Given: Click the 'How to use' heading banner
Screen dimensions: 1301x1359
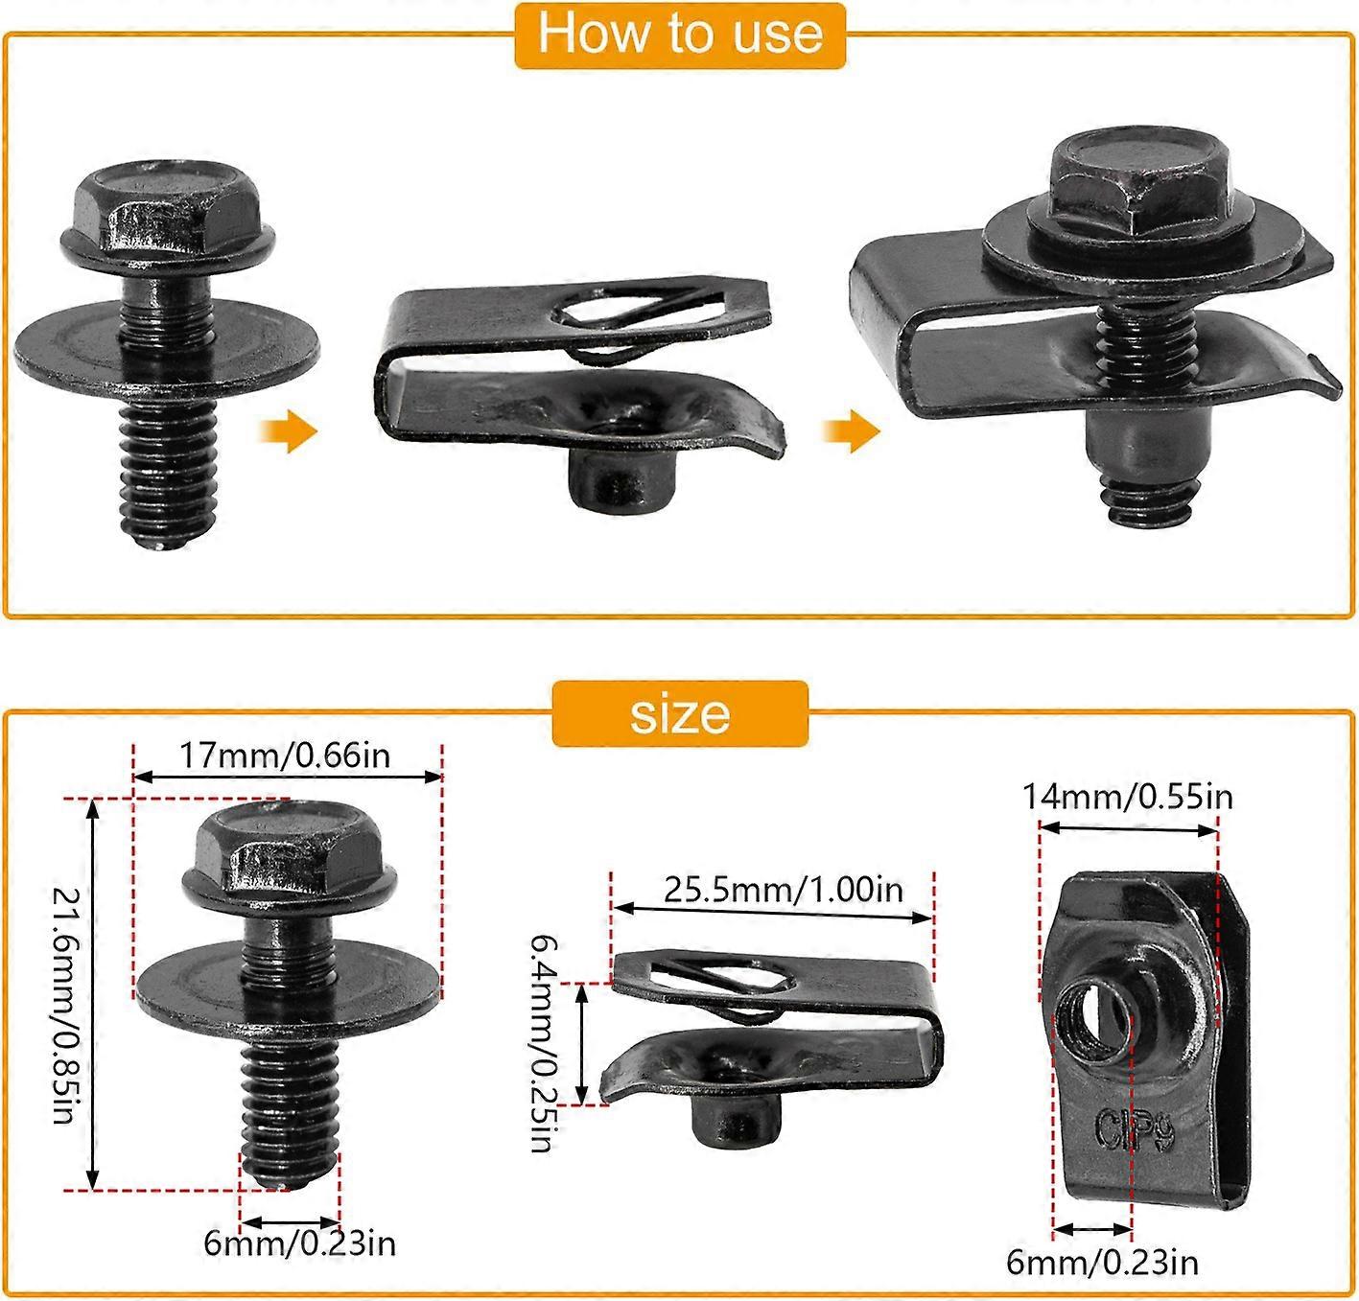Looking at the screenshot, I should pyautogui.click(x=679, y=35).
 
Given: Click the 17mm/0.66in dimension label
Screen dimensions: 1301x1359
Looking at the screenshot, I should pyautogui.click(x=286, y=755).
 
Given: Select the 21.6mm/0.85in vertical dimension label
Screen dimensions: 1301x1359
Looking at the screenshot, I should pyautogui.click(x=64, y=1005).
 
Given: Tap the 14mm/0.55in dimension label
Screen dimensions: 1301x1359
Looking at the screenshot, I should pyautogui.click(x=1128, y=797).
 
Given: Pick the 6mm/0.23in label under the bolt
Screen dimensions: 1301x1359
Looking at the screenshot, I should pyautogui.click(x=299, y=1244).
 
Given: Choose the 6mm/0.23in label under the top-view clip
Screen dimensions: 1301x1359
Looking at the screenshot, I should pyautogui.click(x=1102, y=1263).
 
